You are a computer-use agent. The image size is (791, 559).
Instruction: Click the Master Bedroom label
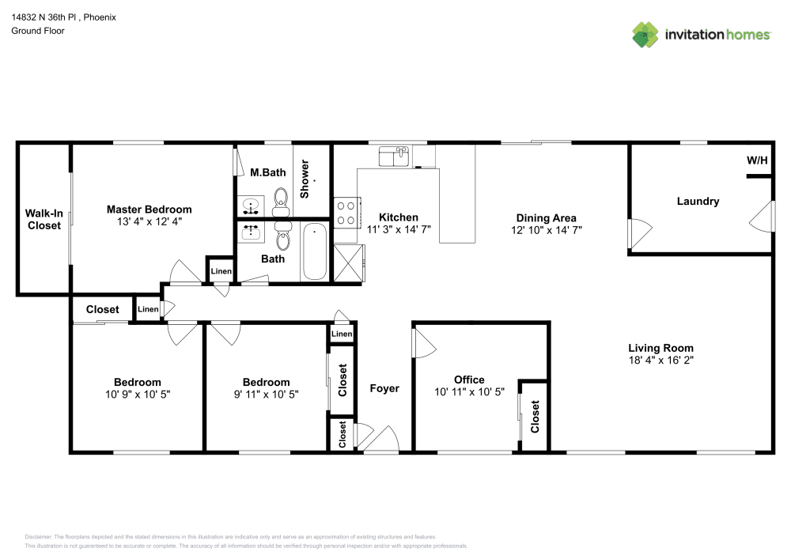149,210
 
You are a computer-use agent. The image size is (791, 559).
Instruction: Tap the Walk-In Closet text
44,219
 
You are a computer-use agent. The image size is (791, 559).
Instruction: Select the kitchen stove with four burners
346,212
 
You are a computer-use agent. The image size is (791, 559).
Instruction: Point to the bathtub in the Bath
316,251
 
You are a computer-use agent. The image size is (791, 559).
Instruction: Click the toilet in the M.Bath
281,202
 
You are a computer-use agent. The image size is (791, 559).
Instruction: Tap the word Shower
305,179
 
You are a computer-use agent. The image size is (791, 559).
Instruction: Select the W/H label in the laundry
757,161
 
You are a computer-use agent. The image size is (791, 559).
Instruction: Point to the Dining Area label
546,218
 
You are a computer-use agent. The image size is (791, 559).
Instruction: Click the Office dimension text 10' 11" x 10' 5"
469,392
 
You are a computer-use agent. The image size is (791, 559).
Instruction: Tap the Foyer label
384,389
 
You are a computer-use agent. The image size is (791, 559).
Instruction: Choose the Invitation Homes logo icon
645,34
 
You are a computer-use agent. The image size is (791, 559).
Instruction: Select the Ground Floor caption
38,31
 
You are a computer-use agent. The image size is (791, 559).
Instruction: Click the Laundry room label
698,201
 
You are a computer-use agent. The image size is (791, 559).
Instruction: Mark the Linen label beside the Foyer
342,334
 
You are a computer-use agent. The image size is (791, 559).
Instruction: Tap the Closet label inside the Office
536,416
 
